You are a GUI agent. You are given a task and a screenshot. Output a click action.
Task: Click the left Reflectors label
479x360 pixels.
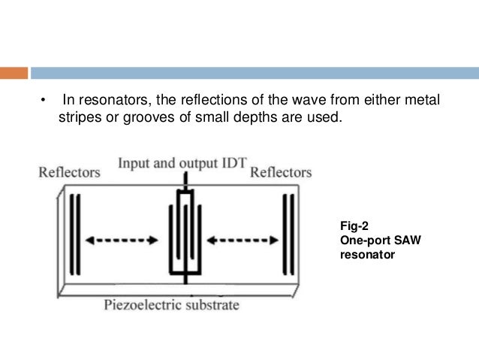tap(69, 172)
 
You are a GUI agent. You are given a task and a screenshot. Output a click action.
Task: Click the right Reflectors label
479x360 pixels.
tap(280, 172)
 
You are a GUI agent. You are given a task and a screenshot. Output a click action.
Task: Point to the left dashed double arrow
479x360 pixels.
tap(121, 241)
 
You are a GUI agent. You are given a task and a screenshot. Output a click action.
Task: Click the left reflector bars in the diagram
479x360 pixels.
tap(74, 234)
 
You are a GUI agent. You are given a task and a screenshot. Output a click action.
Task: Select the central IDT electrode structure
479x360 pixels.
tap(184, 234)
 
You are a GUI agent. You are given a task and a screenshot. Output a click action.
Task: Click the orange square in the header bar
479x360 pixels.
tap(14, 73)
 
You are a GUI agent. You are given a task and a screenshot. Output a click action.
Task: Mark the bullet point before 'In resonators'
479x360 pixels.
tap(44, 101)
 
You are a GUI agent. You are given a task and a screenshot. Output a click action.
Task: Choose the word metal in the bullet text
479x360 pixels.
tap(420, 101)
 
